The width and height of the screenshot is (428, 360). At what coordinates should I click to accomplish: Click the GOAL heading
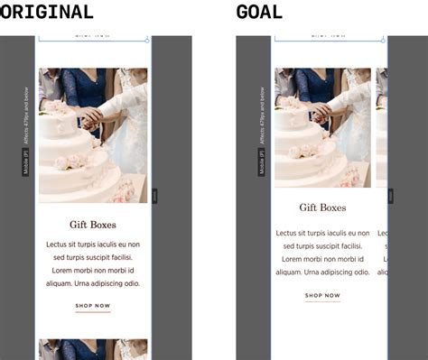(259, 12)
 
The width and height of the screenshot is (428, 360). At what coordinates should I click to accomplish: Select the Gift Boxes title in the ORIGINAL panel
(92, 225)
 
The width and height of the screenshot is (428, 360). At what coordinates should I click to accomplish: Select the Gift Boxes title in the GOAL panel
(322, 208)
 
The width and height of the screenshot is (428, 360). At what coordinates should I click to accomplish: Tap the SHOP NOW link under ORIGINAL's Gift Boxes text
(92, 306)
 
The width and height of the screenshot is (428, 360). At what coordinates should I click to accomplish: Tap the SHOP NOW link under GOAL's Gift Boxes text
(322, 296)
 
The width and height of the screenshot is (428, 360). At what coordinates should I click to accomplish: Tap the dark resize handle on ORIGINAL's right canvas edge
(155, 194)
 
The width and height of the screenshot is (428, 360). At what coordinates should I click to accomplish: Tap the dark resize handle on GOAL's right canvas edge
(391, 196)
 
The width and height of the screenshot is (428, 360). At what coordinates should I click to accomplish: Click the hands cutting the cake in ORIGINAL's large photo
(90, 115)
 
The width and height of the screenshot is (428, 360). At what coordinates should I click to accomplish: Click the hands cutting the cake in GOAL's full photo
(321, 110)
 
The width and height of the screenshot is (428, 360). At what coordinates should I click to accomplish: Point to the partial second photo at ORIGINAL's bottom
(92, 349)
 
